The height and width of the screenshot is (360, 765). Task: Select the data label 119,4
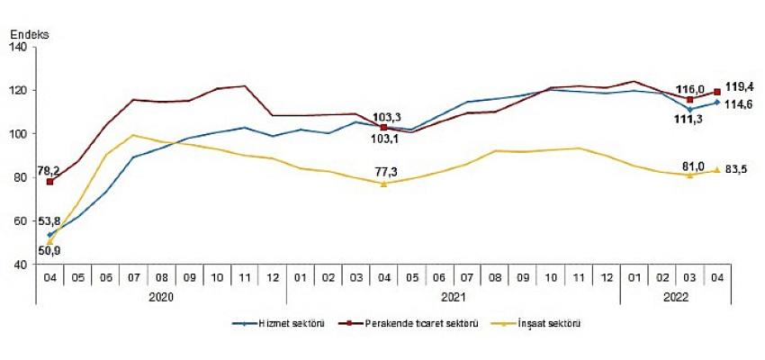coord(740,85)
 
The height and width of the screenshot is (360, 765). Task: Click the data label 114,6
coord(741,104)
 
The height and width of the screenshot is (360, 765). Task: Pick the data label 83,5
coord(739,170)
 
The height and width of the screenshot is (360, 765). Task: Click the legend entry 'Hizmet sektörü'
coord(278,323)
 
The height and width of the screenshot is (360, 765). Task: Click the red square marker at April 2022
coord(716,91)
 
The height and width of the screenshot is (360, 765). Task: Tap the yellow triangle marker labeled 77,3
coord(383,184)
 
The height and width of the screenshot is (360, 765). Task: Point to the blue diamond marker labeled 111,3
coord(688,109)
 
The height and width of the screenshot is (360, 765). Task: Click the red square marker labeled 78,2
coord(49,182)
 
